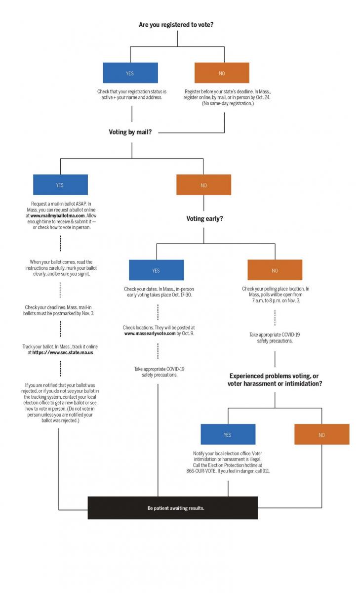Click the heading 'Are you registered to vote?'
(x=176, y=25)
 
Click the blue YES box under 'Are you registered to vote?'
(x=130, y=73)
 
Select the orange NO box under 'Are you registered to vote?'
(x=222, y=73)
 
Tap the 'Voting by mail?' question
(x=130, y=132)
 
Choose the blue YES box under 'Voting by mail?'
(x=60, y=185)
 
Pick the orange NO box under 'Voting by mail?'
(x=203, y=185)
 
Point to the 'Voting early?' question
(x=204, y=218)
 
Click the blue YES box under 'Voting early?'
(x=157, y=270)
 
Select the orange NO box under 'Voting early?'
(x=275, y=270)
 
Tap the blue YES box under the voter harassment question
(x=228, y=434)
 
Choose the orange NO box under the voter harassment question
(x=321, y=434)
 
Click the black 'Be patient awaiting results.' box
(x=173, y=508)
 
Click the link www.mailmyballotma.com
(x=57, y=215)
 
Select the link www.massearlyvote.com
(x=150, y=333)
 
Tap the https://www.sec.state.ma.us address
(x=63, y=352)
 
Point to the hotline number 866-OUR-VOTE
(x=201, y=471)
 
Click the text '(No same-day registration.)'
(x=228, y=103)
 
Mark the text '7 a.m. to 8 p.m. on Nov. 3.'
(x=276, y=300)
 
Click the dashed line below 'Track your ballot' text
(x=60, y=369)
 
